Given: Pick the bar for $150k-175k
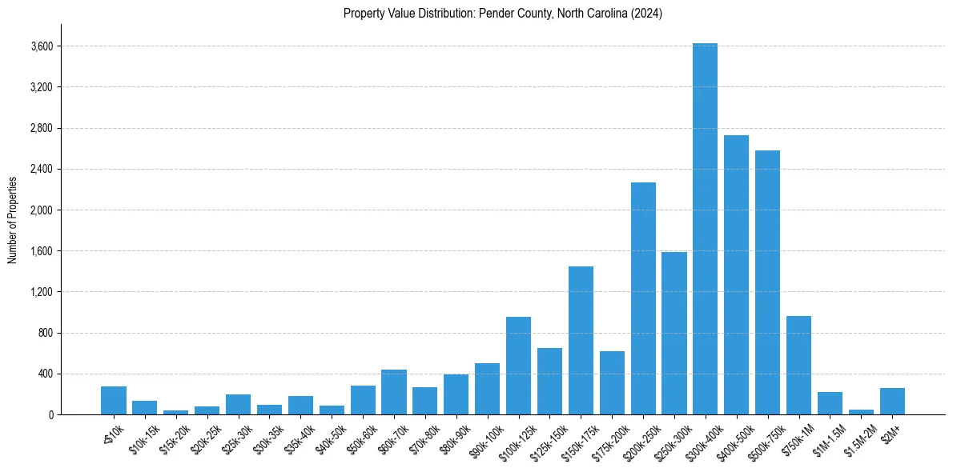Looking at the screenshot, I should pyautogui.click(x=581, y=340).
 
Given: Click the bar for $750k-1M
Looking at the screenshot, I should pyautogui.click(x=798, y=365).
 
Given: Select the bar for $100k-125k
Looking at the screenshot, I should pyautogui.click(x=518, y=366).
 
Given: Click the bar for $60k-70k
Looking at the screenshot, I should pyautogui.click(x=393, y=392).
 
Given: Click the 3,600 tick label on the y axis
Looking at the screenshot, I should pyautogui.click(x=41, y=46).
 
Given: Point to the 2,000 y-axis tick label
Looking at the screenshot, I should pyautogui.click(x=41, y=210).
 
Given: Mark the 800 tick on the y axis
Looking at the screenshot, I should pyautogui.click(x=45, y=333).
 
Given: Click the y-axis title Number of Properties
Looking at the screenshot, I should pyautogui.click(x=12, y=219).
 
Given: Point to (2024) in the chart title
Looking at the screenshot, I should pyautogui.click(x=647, y=14).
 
